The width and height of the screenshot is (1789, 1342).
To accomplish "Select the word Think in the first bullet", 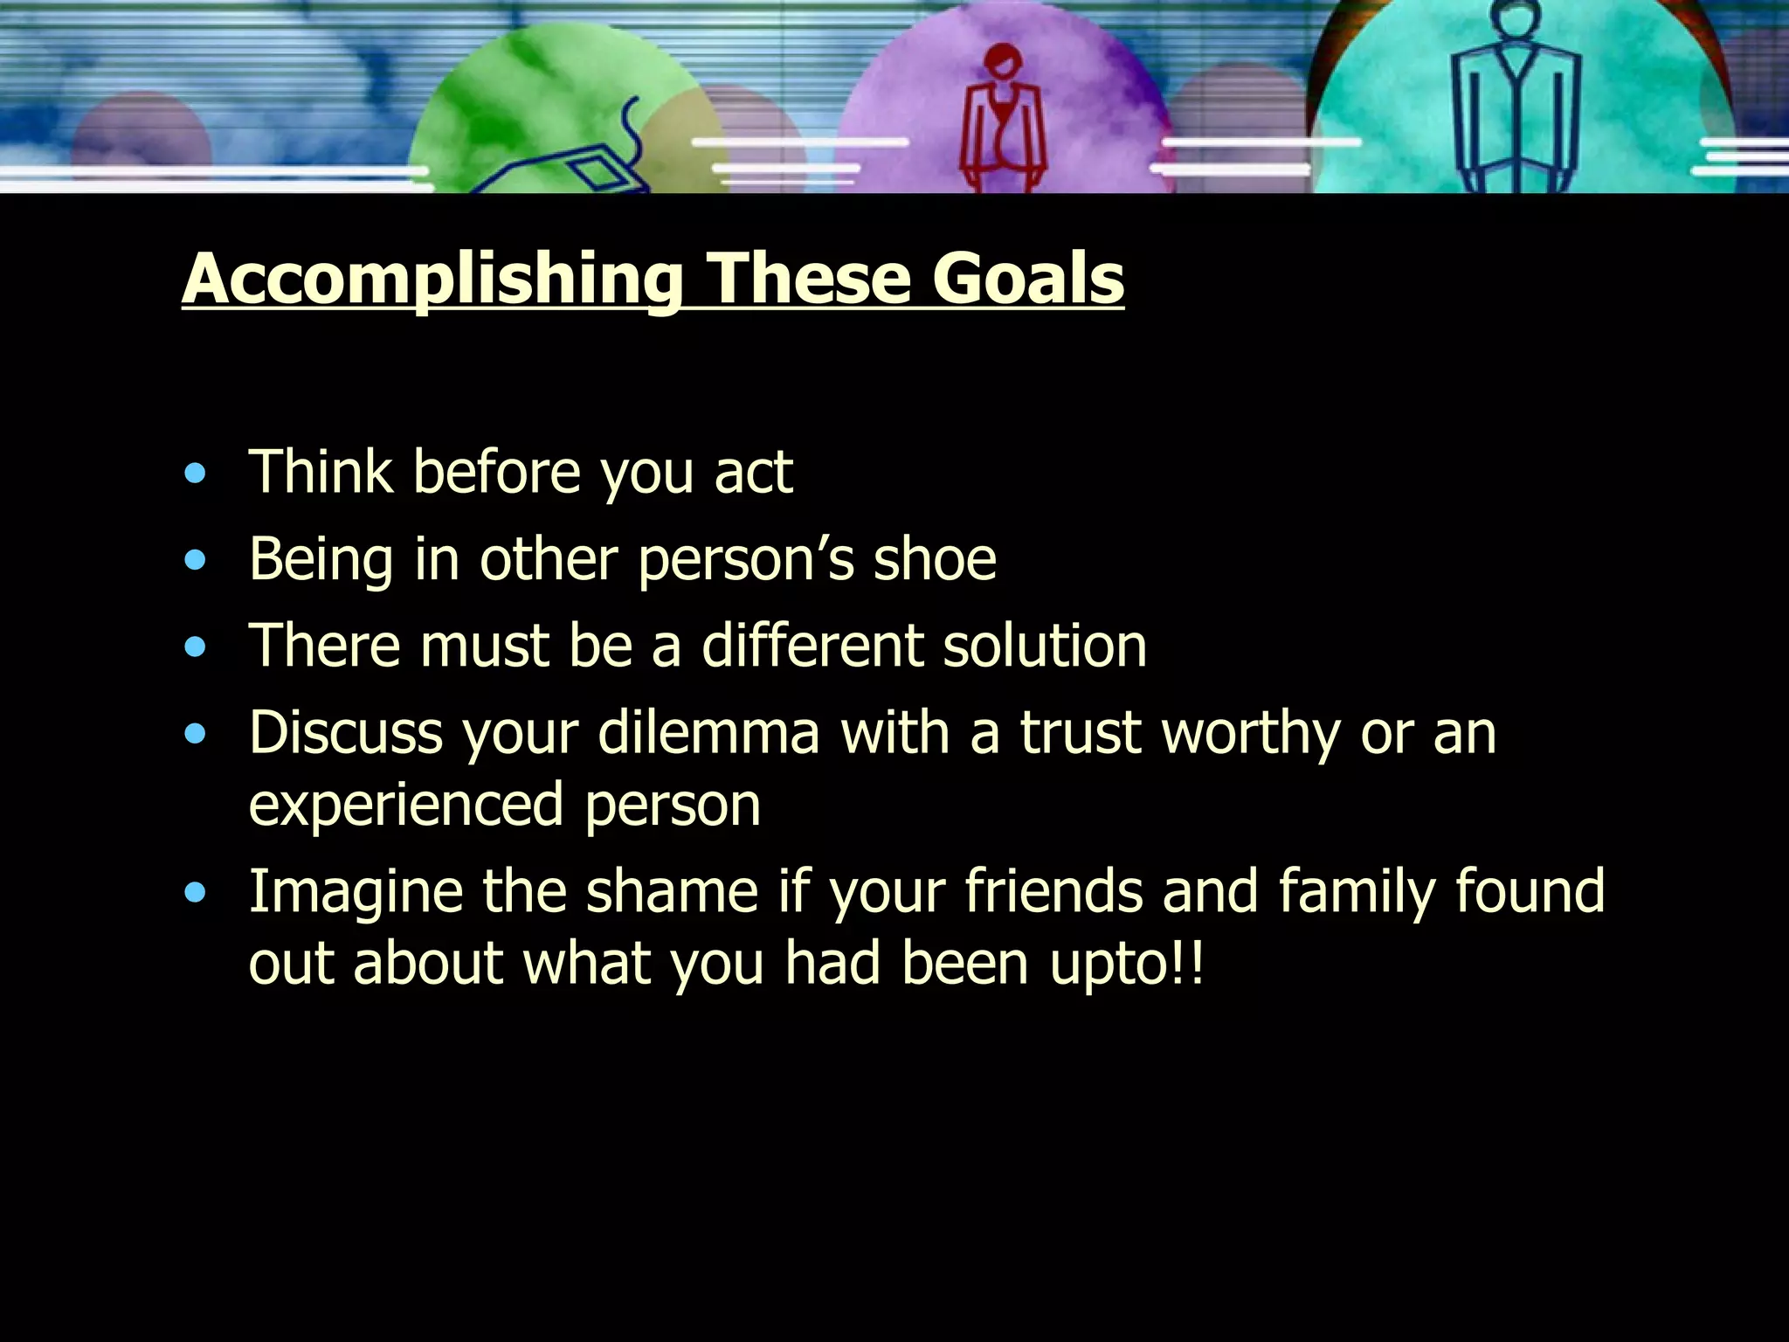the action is [x=321, y=472].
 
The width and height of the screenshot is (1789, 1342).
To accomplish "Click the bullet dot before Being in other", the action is [x=196, y=560].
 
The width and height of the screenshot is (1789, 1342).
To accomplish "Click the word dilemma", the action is [x=708, y=732].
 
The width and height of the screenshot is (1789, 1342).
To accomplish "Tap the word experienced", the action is [x=405, y=805].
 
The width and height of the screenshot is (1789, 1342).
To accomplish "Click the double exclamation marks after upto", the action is [x=1188, y=963].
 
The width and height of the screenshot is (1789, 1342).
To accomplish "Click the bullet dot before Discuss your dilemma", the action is [x=196, y=734].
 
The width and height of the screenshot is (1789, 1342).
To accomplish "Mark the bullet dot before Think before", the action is [x=196, y=474].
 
